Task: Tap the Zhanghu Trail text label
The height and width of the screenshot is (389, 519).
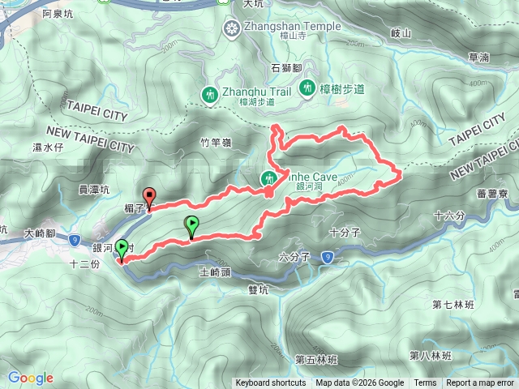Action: coord(256,92)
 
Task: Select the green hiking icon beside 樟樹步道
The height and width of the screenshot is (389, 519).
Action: coord(307,87)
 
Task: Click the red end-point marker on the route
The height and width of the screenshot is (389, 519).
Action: coord(149,196)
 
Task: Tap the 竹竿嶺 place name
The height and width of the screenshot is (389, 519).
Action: coord(216,143)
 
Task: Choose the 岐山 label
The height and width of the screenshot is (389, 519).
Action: coord(401,33)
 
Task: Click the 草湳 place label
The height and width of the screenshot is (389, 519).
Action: coord(478,58)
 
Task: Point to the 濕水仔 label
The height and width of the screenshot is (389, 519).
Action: coord(48,147)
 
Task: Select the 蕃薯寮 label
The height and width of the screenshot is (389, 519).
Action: coord(492,194)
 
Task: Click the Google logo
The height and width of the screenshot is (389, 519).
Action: coord(31,378)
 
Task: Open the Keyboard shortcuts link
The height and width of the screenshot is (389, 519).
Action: coord(271,383)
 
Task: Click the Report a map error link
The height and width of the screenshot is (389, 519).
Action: coord(482,383)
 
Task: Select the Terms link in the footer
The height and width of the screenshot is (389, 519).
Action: coord(425,383)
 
